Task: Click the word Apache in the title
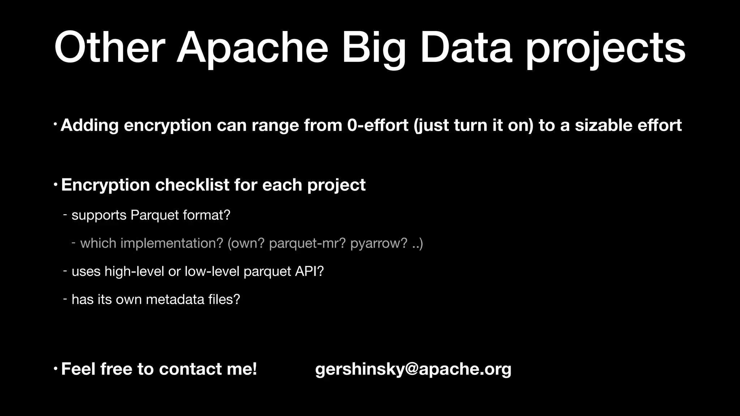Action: tap(252, 48)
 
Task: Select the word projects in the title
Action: tap(605, 48)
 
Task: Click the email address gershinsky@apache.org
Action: tap(413, 369)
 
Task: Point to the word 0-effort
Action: tap(378, 125)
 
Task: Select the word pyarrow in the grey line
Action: tap(378, 243)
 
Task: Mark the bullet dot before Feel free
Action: tap(55, 369)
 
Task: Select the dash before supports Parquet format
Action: tap(65, 215)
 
